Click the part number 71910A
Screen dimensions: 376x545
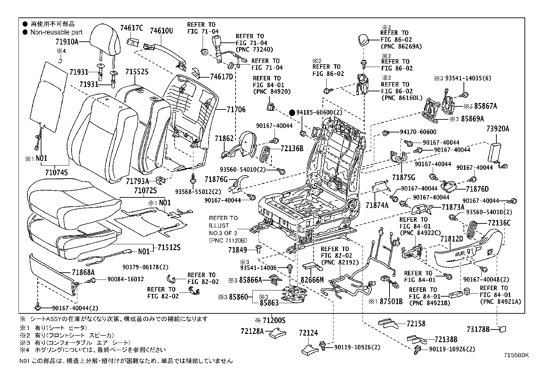(x=67, y=42)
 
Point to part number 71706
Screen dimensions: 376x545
(x=236, y=109)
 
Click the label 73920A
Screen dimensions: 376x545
(x=498, y=129)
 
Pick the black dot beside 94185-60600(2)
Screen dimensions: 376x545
(x=292, y=113)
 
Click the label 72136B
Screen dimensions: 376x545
(x=292, y=148)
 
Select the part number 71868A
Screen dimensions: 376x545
(x=83, y=272)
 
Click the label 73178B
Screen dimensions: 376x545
(x=478, y=329)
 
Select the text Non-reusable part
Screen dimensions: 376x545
(x=56, y=32)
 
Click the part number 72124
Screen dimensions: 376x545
(x=308, y=333)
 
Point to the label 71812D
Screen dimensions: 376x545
(x=452, y=239)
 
